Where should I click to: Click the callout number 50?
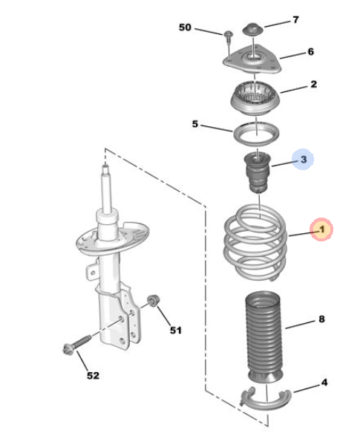[185, 27]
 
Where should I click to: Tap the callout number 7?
[295, 20]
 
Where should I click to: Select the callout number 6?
[311, 52]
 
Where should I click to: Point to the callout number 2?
[314, 84]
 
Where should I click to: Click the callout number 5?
[195, 124]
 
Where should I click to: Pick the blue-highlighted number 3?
[304, 160]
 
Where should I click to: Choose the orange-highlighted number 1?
[321, 229]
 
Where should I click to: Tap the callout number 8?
[321, 319]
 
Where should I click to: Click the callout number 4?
[324, 382]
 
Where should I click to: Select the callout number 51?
[176, 331]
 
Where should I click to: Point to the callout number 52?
[93, 376]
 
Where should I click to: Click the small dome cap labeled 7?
[253, 29]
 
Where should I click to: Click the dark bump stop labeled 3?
[257, 172]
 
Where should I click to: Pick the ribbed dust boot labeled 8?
[263, 337]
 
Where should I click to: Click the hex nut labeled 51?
[152, 301]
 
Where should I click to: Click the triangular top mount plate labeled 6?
[252, 60]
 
